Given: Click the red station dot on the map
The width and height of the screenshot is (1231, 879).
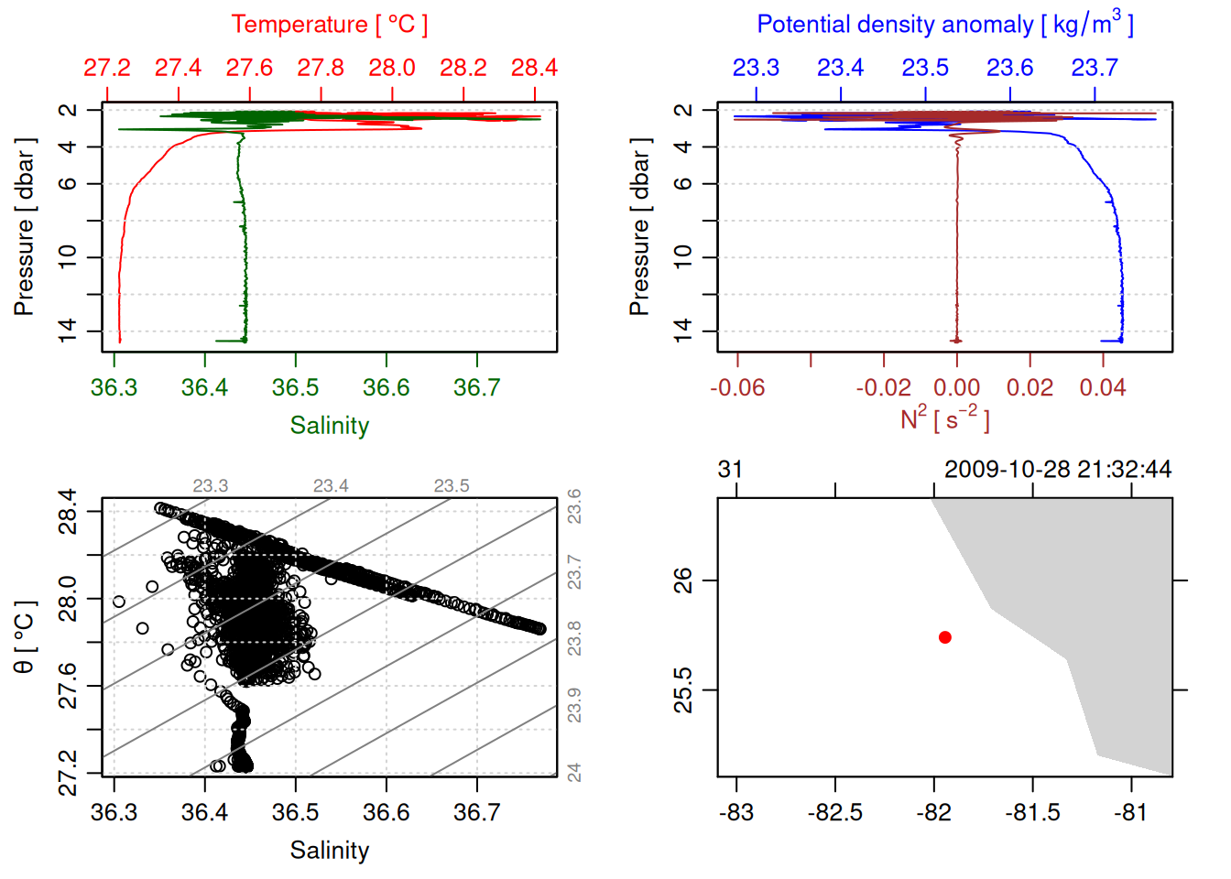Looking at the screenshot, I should pyautogui.click(x=944, y=637).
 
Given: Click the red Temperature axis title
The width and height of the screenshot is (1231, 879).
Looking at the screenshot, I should pyautogui.click(x=329, y=25).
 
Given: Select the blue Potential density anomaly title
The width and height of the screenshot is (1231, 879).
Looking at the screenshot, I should pyautogui.click(x=944, y=25).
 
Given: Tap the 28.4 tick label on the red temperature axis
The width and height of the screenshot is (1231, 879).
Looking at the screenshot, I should pyautogui.click(x=534, y=68).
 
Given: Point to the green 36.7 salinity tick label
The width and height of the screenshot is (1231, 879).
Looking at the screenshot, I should pyautogui.click(x=476, y=387).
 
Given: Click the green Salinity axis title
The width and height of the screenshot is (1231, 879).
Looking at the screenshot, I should pyautogui.click(x=329, y=426).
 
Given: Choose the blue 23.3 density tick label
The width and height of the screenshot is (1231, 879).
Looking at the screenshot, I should pyautogui.click(x=756, y=68).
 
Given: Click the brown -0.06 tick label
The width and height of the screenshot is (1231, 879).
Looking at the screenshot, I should pyautogui.click(x=737, y=387).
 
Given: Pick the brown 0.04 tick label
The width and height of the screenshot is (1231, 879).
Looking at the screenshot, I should pyautogui.click(x=1102, y=387).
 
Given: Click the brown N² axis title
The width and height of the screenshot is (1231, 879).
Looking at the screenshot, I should pyautogui.click(x=944, y=418).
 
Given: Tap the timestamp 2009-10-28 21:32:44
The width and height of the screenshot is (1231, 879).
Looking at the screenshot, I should pyautogui.click(x=1058, y=470).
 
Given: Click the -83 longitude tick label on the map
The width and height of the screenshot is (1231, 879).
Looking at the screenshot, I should pyautogui.click(x=736, y=812).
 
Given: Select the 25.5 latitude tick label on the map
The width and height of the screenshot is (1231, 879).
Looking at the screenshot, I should pyautogui.click(x=683, y=689).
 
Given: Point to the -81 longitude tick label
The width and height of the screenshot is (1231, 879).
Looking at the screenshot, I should pyautogui.click(x=1131, y=812).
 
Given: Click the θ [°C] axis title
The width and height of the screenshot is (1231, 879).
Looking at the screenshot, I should pyautogui.click(x=25, y=637).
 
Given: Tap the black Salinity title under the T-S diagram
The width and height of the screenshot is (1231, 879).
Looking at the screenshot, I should pyautogui.click(x=329, y=851).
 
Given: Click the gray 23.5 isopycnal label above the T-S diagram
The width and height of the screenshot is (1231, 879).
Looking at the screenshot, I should pyautogui.click(x=452, y=486).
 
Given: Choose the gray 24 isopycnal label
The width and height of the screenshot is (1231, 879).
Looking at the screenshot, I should pyautogui.click(x=574, y=773).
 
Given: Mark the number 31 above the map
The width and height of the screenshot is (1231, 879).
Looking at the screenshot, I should pyautogui.click(x=730, y=470).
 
